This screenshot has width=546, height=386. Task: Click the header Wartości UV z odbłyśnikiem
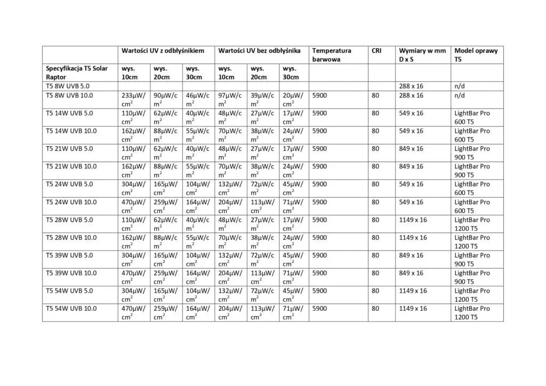coord(163,51)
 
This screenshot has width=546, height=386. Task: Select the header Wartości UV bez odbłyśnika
coord(259,51)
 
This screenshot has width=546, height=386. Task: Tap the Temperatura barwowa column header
coord(332,55)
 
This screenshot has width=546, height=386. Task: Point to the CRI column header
coord(376,51)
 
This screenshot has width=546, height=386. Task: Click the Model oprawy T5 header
coord(476,55)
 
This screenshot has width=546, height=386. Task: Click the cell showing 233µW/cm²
coord(133,100)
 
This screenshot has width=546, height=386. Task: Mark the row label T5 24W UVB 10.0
coord(71,202)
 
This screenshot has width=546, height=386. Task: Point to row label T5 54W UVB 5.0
coord(69,291)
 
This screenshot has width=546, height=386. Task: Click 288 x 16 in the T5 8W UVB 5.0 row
coord(411,86)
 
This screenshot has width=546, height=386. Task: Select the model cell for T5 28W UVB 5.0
coord(472,224)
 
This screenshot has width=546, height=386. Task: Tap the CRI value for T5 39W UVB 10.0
coord(375,273)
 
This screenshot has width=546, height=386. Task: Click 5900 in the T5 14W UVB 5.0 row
coord(319,113)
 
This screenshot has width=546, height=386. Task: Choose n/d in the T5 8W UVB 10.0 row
coord(460,95)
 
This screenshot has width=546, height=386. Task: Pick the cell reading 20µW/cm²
coord(293,100)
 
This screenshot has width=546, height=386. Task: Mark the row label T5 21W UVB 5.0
coord(69,149)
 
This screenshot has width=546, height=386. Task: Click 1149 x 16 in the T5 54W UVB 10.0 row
coord(413,309)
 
